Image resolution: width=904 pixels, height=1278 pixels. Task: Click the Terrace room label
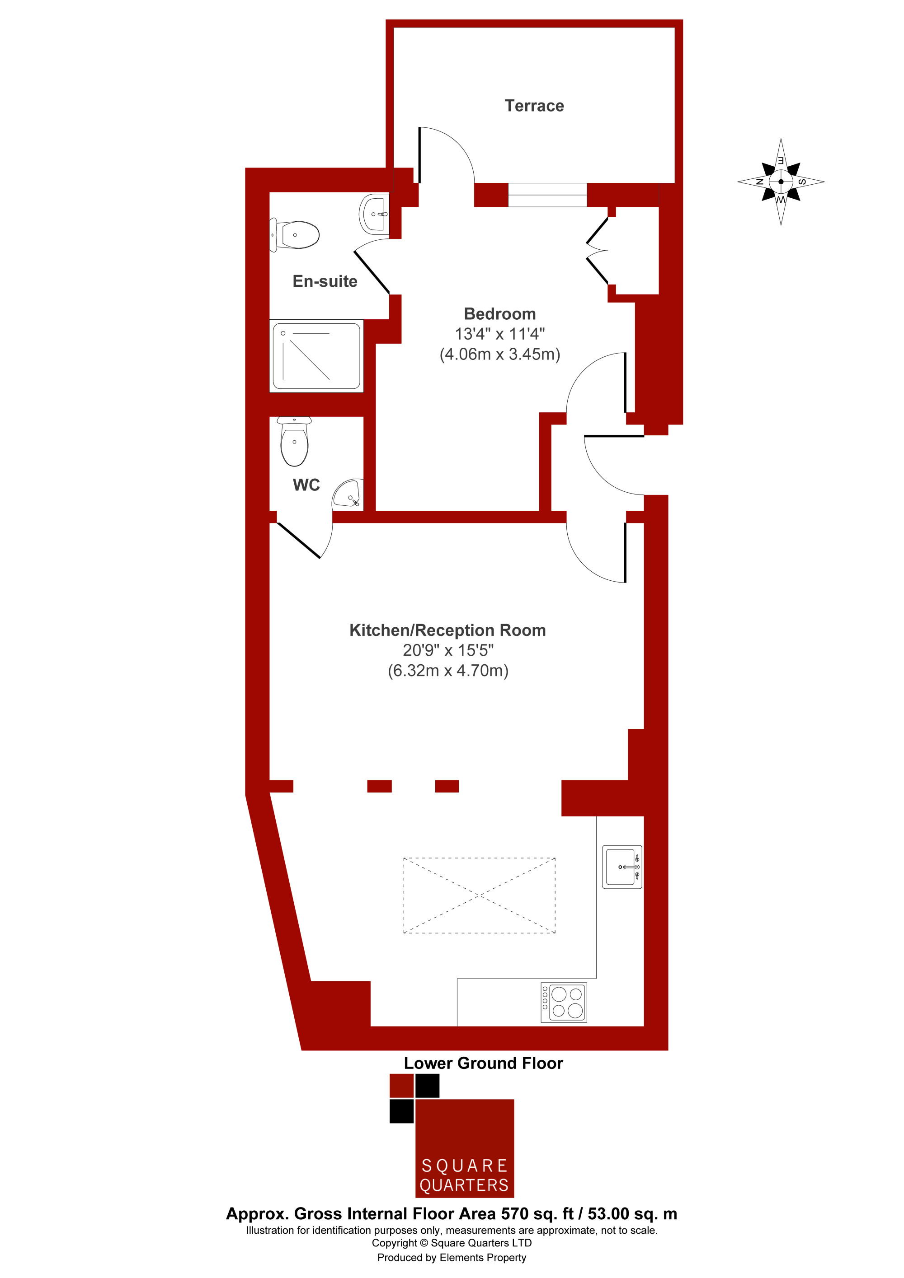click(534, 106)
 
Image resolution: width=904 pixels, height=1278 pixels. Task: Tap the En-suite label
click(325, 281)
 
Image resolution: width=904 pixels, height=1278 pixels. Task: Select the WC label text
click(306, 485)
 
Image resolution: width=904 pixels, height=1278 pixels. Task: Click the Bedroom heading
click(499, 314)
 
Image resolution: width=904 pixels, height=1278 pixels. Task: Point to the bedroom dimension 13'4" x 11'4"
click(499, 334)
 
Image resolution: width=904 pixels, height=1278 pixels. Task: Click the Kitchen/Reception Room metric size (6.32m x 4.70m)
click(448, 671)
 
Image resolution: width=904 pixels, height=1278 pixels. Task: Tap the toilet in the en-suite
click(295, 234)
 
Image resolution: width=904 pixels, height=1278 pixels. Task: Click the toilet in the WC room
click(294, 441)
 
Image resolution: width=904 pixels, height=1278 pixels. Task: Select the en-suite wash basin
click(374, 214)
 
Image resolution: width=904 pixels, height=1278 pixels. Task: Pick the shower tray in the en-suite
click(316, 356)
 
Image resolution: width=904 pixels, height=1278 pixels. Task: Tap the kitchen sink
click(622, 867)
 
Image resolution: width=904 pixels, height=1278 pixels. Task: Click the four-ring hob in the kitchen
click(564, 1003)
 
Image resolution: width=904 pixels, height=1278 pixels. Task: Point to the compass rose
click(781, 182)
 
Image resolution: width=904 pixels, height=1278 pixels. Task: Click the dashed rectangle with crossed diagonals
click(479, 896)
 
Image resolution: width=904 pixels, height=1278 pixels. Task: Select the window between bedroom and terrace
click(547, 195)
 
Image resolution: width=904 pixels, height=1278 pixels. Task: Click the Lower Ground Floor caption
click(484, 1063)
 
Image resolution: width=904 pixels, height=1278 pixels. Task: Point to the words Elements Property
click(483, 1257)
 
